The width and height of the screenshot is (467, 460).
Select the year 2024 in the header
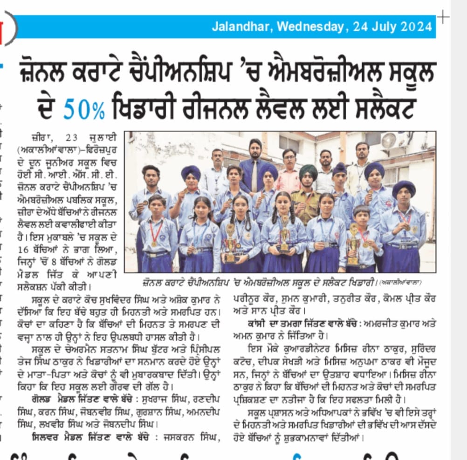[x=416, y=27]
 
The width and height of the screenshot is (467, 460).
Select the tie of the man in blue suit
[x=254, y=175]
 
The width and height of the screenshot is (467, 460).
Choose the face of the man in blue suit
[x=255, y=149]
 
